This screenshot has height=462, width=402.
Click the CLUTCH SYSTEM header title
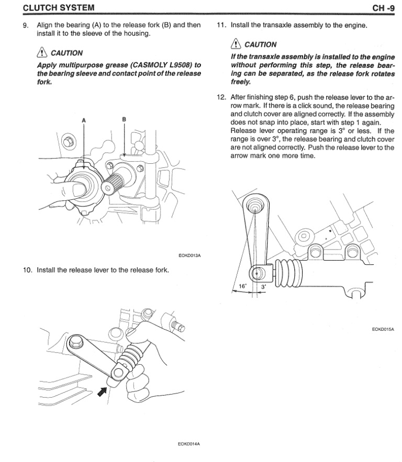pyautogui.click(x=51, y=7)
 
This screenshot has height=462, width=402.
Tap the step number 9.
pyautogui.click(x=25, y=25)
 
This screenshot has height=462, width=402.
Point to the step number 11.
pyautogui.click(x=220, y=25)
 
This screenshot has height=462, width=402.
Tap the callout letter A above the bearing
pyautogui.click(x=84, y=120)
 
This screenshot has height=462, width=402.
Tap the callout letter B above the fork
pyautogui.click(x=124, y=119)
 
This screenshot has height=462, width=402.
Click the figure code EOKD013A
pyautogui.click(x=190, y=255)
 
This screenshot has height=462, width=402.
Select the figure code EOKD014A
pyautogui.click(x=190, y=444)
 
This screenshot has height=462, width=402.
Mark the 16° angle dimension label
pyautogui.click(x=242, y=286)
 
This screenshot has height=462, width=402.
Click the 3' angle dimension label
pyautogui.click(x=263, y=287)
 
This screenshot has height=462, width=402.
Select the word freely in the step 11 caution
pyautogui.click(x=241, y=81)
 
